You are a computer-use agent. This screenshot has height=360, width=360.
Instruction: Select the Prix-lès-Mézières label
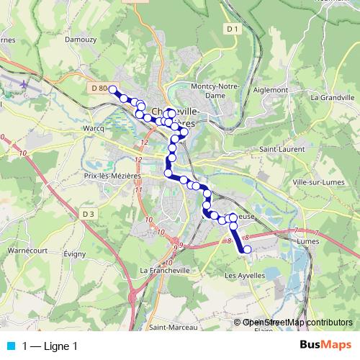(x=112, y=175)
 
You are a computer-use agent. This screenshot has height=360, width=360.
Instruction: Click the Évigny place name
(x=75, y=254)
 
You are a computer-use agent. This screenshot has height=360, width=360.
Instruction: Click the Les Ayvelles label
(x=246, y=275)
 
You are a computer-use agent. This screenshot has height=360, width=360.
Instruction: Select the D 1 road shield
(x=231, y=29)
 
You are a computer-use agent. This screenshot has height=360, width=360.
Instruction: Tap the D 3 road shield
(x=88, y=214)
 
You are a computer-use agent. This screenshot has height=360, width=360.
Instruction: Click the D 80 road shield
(x=99, y=88)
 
